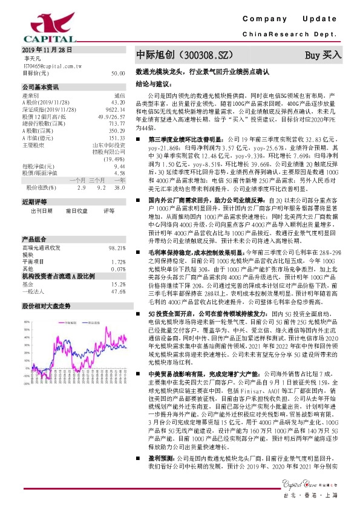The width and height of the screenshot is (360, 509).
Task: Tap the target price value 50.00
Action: point(118,73)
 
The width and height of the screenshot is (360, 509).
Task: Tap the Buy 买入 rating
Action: point(323,55)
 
